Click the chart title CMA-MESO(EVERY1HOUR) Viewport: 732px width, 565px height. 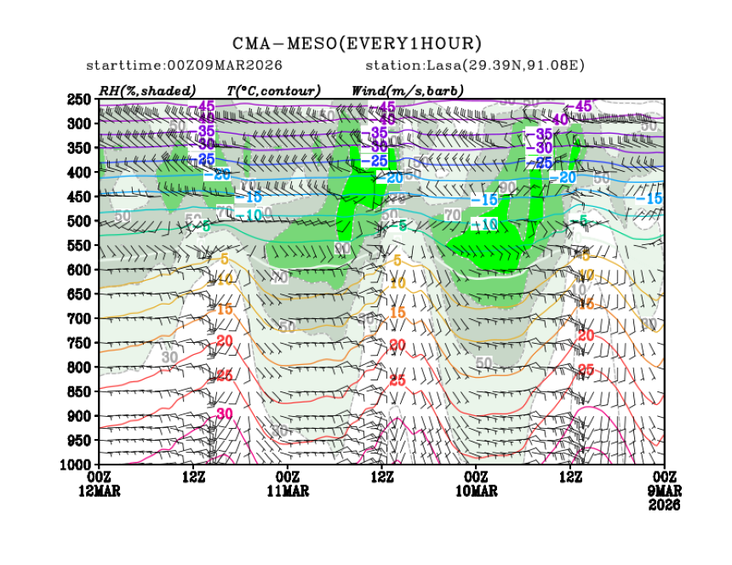pos(357,43)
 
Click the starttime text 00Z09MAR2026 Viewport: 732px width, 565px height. pos(226,66)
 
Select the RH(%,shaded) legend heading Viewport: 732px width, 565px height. pos(146,90)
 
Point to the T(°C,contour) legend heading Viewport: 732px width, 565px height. pos(273,90)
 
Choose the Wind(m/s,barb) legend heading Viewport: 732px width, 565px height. pos(407,90)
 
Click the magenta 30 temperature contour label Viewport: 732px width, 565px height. pos(225,414)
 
